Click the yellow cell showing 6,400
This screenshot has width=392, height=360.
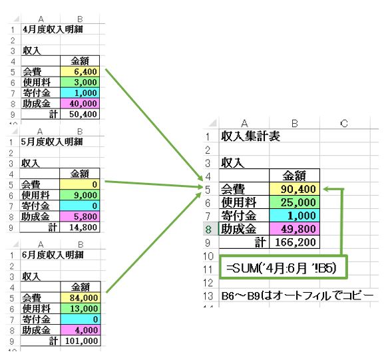80,72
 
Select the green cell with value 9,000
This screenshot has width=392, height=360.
80,195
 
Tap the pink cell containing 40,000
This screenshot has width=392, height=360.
80,104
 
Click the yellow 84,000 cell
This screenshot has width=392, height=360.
81,297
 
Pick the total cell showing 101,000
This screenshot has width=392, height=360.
81,341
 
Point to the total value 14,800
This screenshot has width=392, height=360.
80,228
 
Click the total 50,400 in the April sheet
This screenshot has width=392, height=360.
80,114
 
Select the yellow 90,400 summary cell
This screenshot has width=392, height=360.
295,189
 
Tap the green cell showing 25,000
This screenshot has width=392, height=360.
295,202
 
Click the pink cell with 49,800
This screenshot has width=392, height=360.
295,229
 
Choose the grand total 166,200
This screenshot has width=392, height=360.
295,242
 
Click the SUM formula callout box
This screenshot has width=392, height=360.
284,268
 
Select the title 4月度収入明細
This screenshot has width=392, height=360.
53,29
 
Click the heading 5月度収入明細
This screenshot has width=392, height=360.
52,142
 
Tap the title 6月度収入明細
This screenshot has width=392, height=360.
53,255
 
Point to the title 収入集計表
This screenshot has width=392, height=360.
250,136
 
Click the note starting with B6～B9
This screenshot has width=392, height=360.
297,296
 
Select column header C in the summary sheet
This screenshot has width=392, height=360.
344,123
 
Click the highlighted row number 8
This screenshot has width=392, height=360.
208,229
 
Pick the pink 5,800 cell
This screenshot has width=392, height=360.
80,216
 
